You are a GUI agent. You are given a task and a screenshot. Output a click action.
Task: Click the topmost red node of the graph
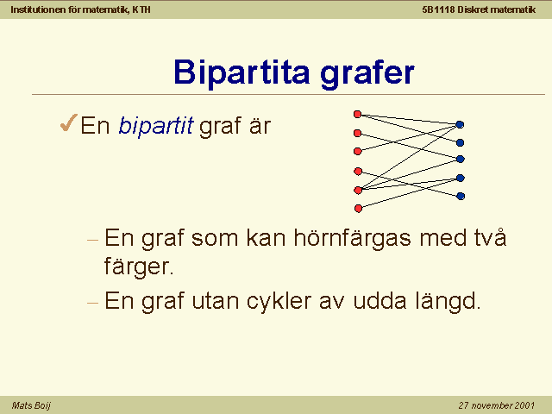[357, 114]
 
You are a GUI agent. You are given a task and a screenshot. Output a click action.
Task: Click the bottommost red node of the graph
[358, 209]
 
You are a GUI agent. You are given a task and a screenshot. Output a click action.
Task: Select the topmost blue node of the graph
[460, 124]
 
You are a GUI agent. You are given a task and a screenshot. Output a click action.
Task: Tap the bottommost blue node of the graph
[461, 196]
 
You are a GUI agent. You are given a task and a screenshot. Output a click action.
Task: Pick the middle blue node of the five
[460, 159]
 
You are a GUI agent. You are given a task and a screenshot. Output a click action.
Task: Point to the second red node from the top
[357, 133]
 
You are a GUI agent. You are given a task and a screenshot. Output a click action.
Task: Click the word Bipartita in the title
[241, 72]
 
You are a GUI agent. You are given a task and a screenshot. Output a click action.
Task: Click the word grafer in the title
[367, 73]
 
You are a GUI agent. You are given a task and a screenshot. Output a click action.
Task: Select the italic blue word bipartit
[156, 125]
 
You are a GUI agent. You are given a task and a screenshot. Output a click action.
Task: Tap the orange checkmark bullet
[69, 122]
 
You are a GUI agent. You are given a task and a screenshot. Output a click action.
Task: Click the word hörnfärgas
[353, 238]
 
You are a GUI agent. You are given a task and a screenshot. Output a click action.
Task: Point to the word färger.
[139, 267]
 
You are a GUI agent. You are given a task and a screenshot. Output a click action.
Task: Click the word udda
[379, 301]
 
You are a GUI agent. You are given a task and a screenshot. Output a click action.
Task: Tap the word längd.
[448, 301]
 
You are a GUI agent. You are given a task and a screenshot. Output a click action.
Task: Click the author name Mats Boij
[31, 405]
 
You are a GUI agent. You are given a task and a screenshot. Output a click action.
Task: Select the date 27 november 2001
[497, 405]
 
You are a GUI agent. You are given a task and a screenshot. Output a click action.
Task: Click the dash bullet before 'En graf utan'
[92, 303]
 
